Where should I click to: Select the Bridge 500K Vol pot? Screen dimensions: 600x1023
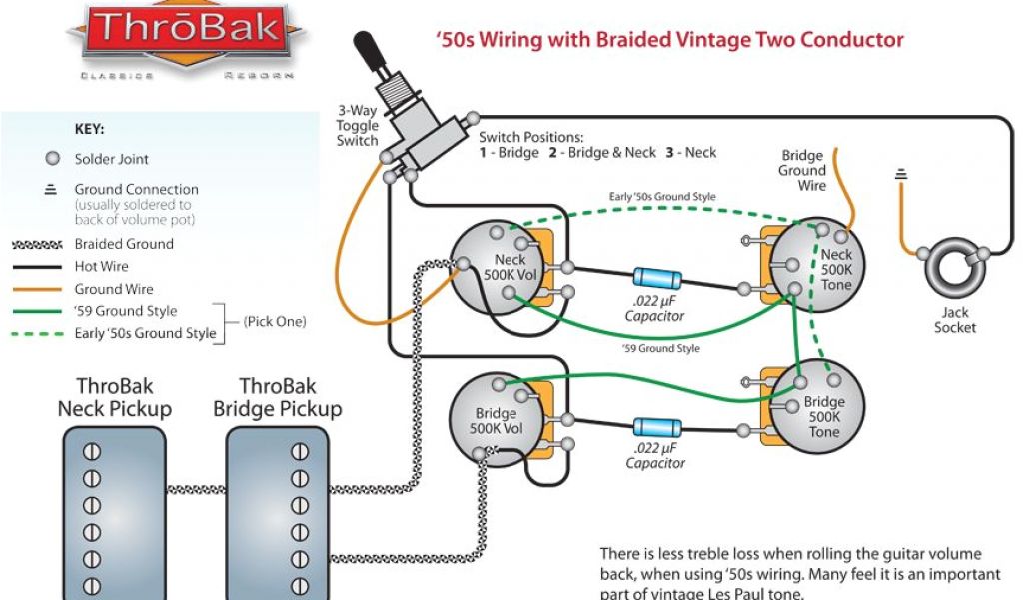pyautogui.click(x=494, y=418)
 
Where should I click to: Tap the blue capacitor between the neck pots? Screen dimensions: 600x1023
pyautogui.click(x=654, y=280)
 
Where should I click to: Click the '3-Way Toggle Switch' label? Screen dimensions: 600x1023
pyautogui.click(x=358, y=126)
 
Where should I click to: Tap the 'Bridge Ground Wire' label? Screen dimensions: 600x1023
pyautogui.click(x=802, y=170)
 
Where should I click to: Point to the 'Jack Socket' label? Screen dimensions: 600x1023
pyautogui.click(x=955, y=320)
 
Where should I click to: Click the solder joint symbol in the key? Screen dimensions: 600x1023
pyautogui.click(x=52, y=159)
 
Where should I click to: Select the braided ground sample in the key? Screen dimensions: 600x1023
pyautogui.click(x=38, y=244)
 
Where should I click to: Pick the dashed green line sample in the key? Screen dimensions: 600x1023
pyautogui.click(x=38, y=333)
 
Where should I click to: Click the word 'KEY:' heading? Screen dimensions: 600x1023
pyautogui.click(x=90, y=129)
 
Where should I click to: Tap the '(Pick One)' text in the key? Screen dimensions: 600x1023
pyautogui.click(x=274, y=322)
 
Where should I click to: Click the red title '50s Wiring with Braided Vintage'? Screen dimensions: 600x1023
pyautogui.click(x=669, y=41)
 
